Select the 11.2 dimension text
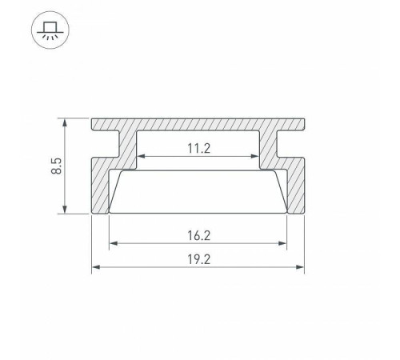coord(198,147)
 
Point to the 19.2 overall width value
coord(198,259)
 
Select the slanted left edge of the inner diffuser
coord(115,192)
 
